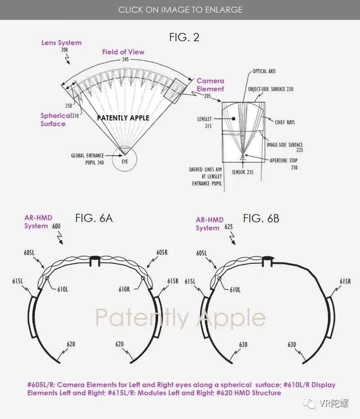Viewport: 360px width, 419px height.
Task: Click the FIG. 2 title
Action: click(184, 37)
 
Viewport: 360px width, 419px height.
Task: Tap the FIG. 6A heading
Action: click(94, 218)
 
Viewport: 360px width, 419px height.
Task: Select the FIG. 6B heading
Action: click(261, 219)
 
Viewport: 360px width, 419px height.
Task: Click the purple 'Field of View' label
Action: click(123, 52)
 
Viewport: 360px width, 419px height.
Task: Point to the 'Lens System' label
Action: click(62, 42)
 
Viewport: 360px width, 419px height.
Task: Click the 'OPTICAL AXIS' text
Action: click(264, 71)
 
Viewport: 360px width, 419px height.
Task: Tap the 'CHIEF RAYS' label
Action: click(285, 122)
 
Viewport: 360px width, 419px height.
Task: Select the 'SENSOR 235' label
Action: click(243, 172)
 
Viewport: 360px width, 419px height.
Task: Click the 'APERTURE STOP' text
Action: click(283, 160)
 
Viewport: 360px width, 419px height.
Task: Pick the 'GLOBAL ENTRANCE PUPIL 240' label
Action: click(87, 159)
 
